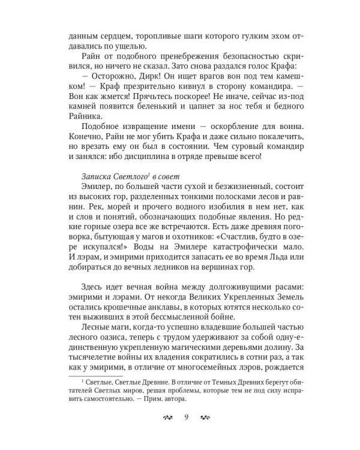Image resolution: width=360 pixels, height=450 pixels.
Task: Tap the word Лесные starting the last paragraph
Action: click(x=97, y=325)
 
